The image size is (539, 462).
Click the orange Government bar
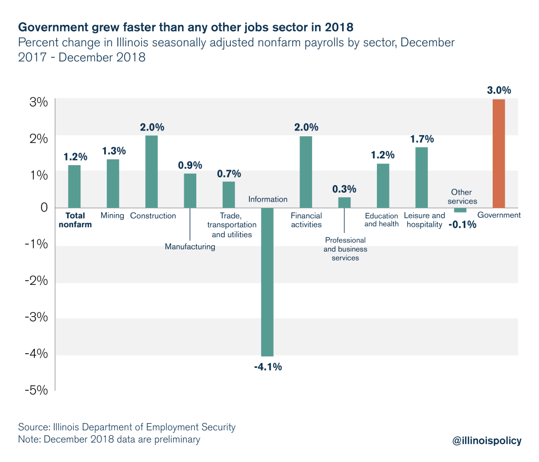(x=498, y=153)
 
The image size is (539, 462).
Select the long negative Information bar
(x=267, y=282)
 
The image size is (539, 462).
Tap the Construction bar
(x=152, y=172)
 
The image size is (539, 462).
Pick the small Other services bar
(x=460, y=210)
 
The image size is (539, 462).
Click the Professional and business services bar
(x=344, y=203)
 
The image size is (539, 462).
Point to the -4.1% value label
(x=268, y=367)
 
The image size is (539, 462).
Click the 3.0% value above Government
(x=499, y=91)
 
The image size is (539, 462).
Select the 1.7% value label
(x=422, y=139)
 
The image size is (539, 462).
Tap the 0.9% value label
(x=190, y=165)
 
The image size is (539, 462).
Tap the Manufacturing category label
(x=190, y=246)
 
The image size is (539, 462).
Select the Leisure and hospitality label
(x=424, y=220)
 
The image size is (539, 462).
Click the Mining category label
(x=112, y=215)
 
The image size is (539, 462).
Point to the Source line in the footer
(x=127, y=427)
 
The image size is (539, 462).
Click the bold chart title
(x=186, y=26)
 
